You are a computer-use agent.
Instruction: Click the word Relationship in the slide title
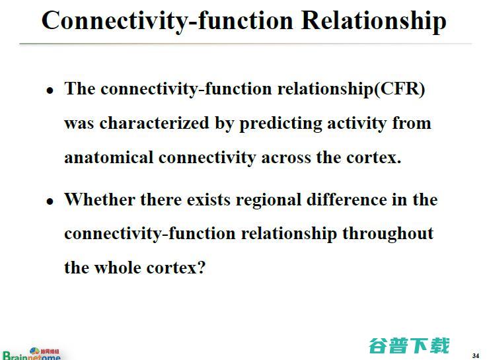point(373,20)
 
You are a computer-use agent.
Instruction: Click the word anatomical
point(109,158)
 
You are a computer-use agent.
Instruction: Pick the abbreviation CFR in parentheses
point(399,89)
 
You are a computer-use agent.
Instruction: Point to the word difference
point(354,199)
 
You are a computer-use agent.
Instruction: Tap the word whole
point(118,268)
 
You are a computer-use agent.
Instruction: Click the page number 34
point(476,355)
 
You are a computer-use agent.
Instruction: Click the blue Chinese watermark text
point(409,345)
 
